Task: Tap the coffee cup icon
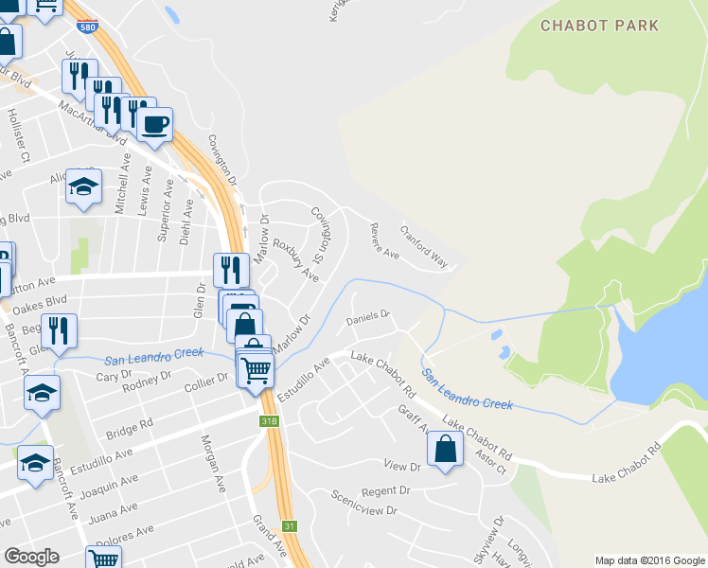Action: (x=155, y=123)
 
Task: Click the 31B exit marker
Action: (x=270, y=420)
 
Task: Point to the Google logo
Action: (x=32, y=557)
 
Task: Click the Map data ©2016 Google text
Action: (x=649, y=560)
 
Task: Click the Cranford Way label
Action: (x=423, y=245)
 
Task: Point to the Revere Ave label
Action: (x=383, y=240)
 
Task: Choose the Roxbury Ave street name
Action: (x=295, y=257)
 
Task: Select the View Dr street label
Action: (x=401, y=466)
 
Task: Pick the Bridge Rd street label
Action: (x=130, y=428)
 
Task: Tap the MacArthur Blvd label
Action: (x=92, y=120)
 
